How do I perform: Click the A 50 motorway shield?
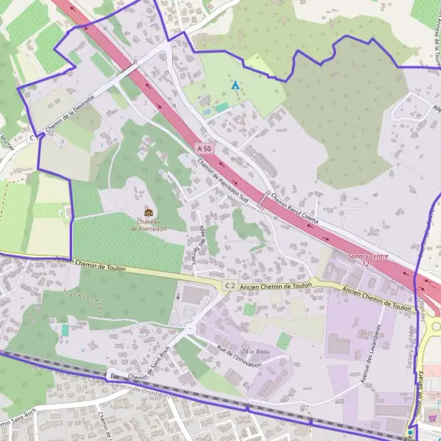[x=204, y=148]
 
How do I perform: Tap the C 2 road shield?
[x=230, y=285]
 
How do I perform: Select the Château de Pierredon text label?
[x=148, y=224]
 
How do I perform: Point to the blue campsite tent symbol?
[x=235, y=86]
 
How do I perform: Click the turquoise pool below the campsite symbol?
[x=221, y=107]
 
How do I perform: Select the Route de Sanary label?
[x=424, y=397]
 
